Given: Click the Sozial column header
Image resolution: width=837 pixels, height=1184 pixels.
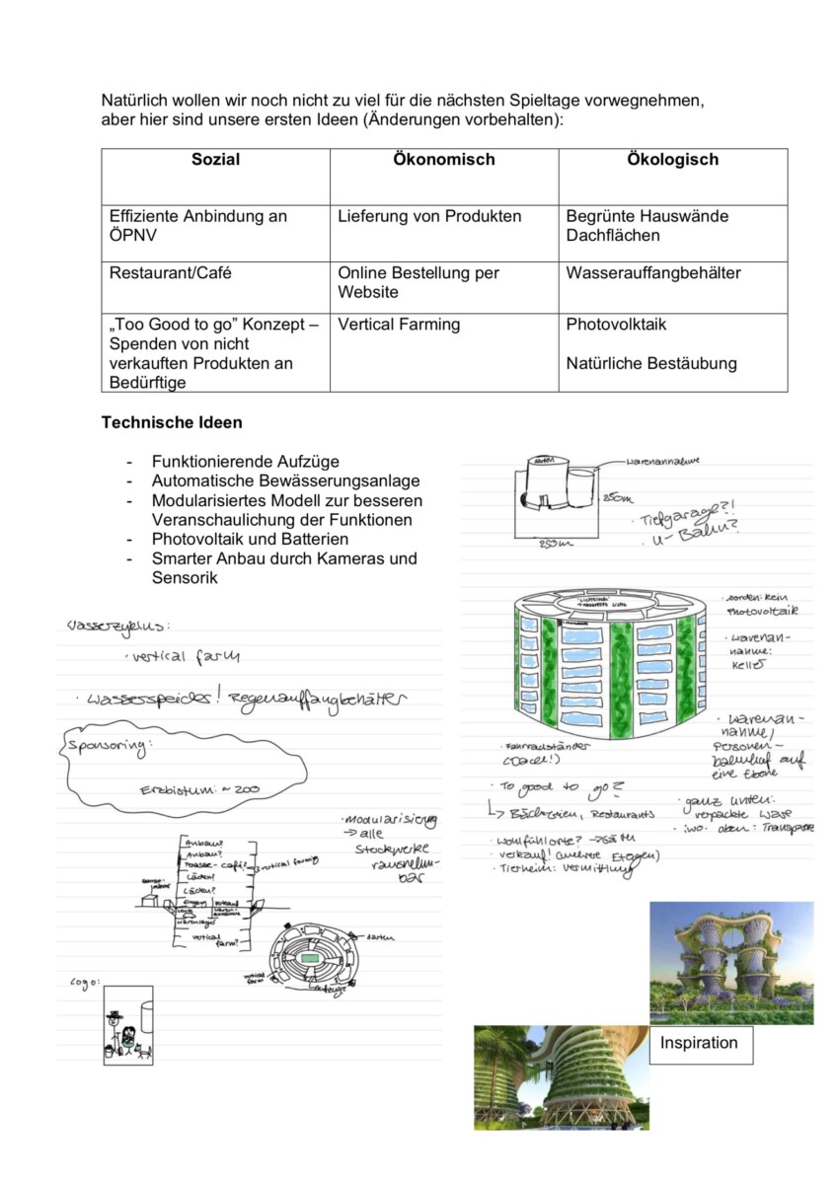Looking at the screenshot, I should point(215,159).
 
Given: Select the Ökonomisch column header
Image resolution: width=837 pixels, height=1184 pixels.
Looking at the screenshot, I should point(444,159).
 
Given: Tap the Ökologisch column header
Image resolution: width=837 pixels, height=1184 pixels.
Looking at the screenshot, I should point(673,159).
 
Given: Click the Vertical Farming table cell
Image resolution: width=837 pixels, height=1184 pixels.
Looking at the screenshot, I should point(399,325).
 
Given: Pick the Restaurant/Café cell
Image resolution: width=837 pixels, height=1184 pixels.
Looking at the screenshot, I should point(171,273).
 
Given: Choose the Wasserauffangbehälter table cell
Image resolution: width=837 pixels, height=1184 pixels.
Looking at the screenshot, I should point(652,273).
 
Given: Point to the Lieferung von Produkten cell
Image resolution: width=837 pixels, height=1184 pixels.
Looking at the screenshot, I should point(429,216).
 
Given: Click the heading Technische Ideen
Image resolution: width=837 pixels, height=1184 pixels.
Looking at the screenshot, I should point(172,422).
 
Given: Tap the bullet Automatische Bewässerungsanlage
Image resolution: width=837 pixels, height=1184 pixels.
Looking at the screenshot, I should point(285,481).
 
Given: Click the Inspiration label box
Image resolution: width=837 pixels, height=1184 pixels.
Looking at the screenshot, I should point(699,1043).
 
